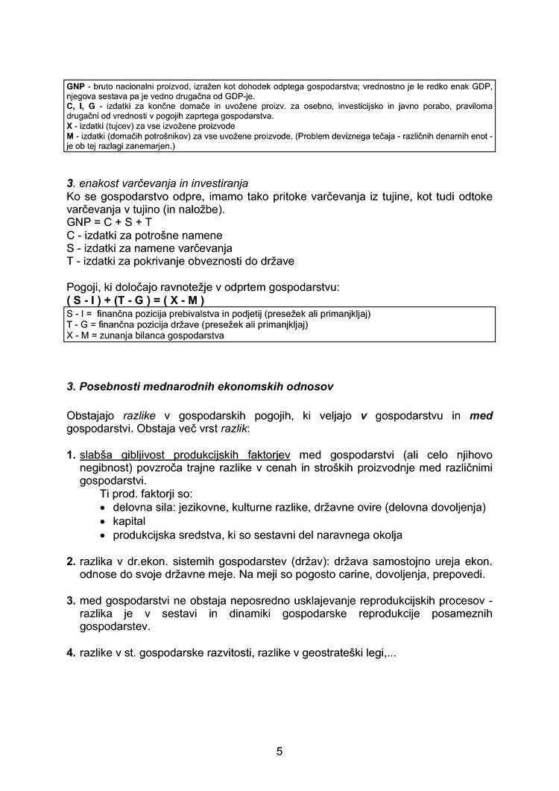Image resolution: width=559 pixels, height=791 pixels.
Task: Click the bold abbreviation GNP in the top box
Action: tap(75, 86)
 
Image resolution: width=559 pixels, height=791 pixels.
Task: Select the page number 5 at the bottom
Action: tap(279, 751)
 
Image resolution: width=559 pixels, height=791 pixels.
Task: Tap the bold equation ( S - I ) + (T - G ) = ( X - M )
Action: tap(136, 300)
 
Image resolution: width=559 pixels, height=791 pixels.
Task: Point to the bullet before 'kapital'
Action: tap(104, 521)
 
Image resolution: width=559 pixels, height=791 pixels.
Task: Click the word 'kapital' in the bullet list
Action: tap(129, 521)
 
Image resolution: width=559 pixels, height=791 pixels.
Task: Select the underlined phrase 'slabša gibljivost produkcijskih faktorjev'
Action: tap(186, 454)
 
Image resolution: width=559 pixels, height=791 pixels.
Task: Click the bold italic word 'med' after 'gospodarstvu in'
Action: tap(481, 416)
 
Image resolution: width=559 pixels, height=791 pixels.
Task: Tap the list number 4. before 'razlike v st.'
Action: tap(71, 653)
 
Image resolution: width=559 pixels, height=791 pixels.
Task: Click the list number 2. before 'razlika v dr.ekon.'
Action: tap(71, 561)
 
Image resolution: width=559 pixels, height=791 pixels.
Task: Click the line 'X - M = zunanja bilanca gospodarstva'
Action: tap(145, 335)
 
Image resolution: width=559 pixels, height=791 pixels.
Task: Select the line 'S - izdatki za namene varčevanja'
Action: tap(149, 248)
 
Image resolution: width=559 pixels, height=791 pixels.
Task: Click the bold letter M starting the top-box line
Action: tap(70, 137)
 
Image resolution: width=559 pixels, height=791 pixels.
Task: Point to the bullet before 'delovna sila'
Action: tap(104, 508)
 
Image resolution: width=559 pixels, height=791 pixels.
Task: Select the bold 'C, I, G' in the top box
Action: tap(80, 107)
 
